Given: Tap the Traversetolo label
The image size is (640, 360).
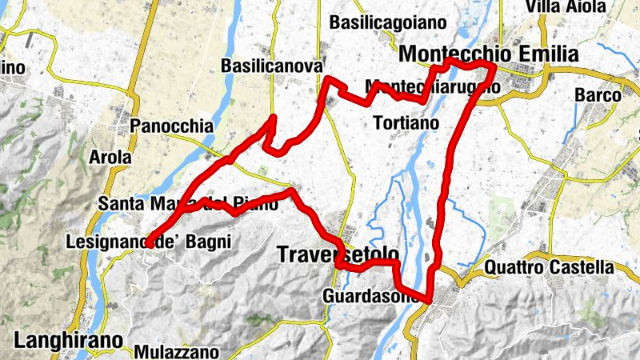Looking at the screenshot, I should tap(337, 254).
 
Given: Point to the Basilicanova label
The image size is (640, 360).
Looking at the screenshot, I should tap(272, 65).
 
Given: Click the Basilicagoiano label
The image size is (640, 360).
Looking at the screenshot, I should tap(387, 22).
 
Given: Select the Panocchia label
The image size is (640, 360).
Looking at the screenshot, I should tap(171, 126).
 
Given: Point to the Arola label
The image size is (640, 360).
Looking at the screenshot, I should tap(110, 157).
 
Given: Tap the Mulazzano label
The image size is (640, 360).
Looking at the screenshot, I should tap(176, 351).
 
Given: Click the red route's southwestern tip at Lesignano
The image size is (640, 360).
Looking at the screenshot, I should tap(149, 242).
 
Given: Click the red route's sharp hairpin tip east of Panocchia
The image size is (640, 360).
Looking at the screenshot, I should tap(274, 119).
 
